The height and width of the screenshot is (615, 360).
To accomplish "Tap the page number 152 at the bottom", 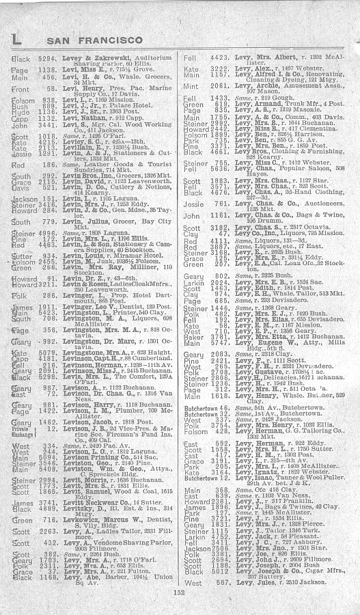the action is coord(180,600).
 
